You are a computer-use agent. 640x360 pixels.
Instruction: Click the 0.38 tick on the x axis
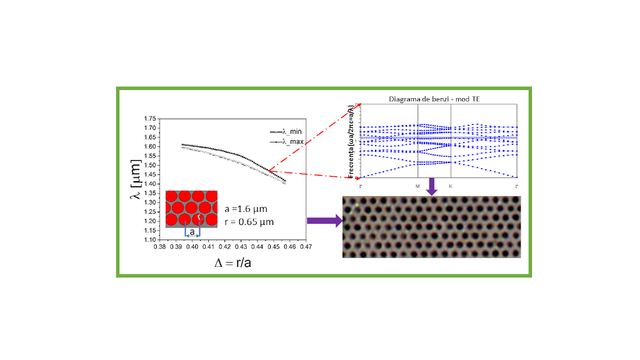(159, 247)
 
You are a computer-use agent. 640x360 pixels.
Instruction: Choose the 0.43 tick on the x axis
(240, 247)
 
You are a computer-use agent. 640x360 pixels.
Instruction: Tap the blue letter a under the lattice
(192, 232)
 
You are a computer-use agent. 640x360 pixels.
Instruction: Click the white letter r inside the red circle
(199, 218)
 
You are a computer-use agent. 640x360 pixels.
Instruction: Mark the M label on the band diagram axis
(417, 186)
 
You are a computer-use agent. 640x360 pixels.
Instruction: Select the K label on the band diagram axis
(451, 186)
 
